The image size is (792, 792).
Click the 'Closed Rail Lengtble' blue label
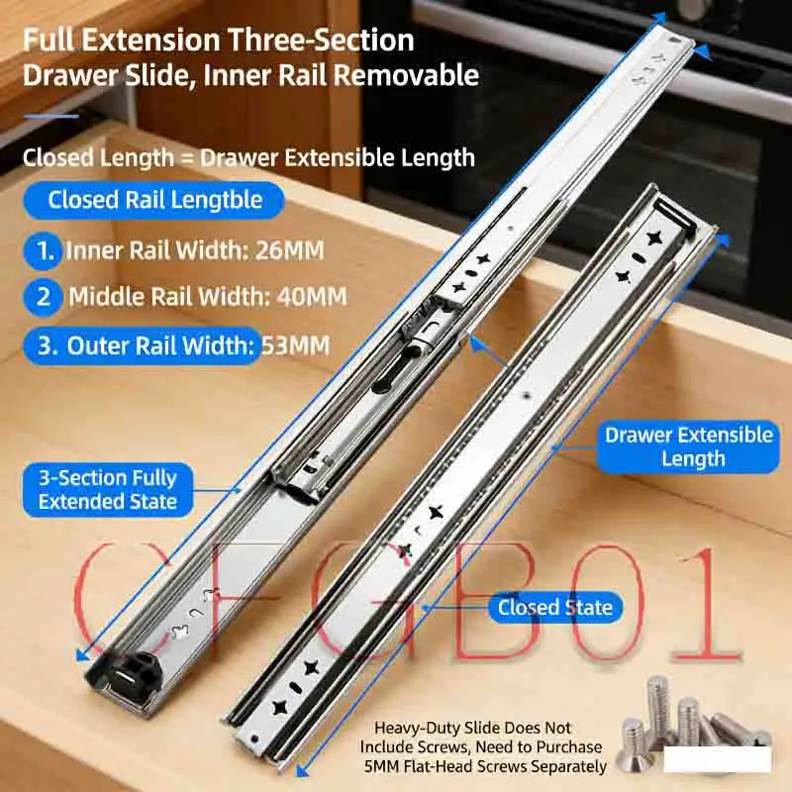pos(155,200)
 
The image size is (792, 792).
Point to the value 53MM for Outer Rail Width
pos(294,346)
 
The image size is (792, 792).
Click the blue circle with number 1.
pos(46,250)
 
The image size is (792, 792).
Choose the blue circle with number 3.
pos(46,346)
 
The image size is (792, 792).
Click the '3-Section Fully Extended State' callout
pos(108,490)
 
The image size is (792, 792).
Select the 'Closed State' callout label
pos(555,608)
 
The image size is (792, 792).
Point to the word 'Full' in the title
pos(52,41)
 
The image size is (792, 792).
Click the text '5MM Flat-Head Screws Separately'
pos(485,766)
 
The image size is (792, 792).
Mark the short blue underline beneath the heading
pos(50,116)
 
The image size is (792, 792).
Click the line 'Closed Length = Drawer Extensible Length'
pos(248,157)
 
